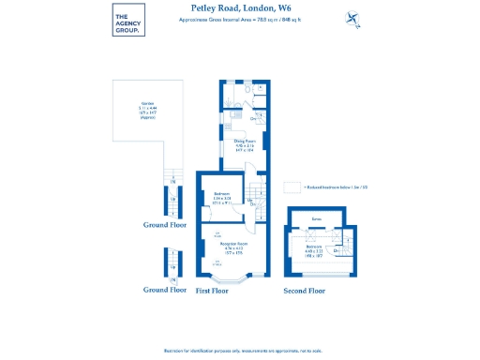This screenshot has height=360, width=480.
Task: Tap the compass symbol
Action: (352, 17)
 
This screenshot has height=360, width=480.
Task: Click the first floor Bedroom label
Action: (222, 196)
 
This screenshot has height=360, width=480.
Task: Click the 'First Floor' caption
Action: (212, 291)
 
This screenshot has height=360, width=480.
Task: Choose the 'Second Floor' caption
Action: (305, 291)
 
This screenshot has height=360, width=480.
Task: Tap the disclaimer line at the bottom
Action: (240, 350)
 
